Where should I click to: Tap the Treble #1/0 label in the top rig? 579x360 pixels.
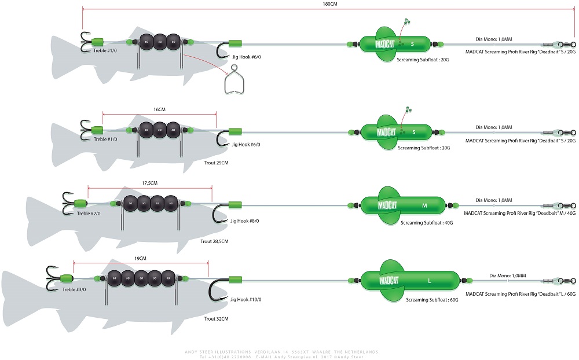click(x=105, y=50)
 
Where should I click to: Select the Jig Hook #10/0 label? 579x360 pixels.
click(x=246, y=299)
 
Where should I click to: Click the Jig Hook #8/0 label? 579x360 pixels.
click(x=245, y=221)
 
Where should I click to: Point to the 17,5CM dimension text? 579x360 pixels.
click(x=149, y=183)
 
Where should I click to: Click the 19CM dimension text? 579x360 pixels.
click(x=140, y=258)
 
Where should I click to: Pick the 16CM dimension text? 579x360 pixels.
click(x=159, y=108)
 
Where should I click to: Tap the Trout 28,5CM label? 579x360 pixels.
click(x=214, y=241)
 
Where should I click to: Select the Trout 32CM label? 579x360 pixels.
click(x=217, y=319)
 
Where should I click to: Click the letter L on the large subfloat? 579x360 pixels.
click(x=429, y=281)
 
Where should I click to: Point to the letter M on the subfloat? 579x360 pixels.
click(x=424, y=205)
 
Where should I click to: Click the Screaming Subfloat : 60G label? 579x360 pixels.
click(x=432, y=300)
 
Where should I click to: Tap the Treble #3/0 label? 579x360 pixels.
click(x=73, y=289)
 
